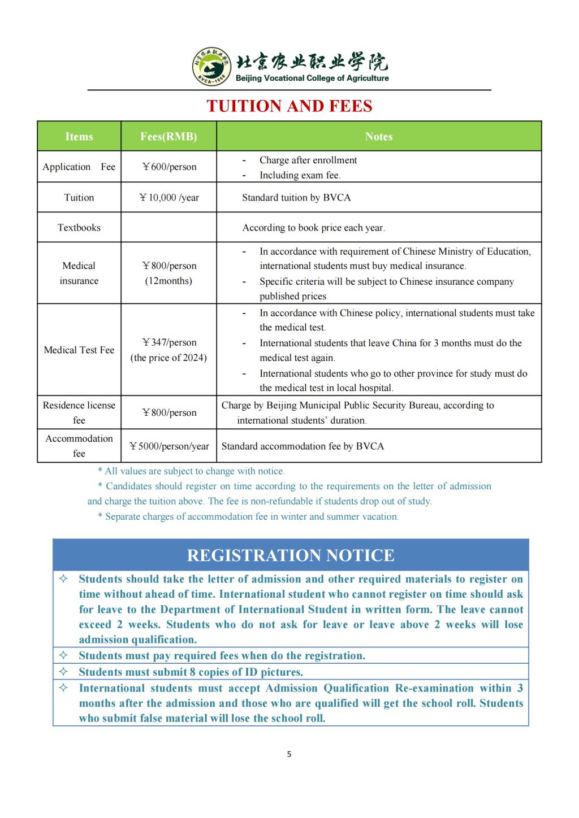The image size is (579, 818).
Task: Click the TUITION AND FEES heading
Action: pyautogui.click(x=289, y=106)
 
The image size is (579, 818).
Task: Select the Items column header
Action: pyautogui.click(x=79, y=136)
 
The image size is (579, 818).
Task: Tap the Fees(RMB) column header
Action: pyautogui.click(x=168, y=136)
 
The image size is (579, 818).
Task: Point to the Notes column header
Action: pyautogui.click(x=378, y=136)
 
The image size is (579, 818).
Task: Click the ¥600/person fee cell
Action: pyautogui.click(x=169, y=167)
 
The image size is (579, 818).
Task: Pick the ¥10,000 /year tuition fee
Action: pyautogui.click(x=169, y=197)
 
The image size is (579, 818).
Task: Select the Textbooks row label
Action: pyautogui.click(x=79, y=227)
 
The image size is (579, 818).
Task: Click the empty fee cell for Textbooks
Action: pyautogui.click(x=168, y=227)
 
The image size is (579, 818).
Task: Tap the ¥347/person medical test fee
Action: pyautogui.click(x=169, y=342)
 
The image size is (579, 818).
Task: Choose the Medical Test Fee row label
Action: pyautogui.click(x=79, y=350)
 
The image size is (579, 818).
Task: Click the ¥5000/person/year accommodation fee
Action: pyautogui.click(x=169, y=446)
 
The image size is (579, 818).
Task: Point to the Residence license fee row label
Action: pyautogui.click(x=79, y=412)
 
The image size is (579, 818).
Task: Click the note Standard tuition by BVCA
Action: pyautogui.click(x=296, y=197)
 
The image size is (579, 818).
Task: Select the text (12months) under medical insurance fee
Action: pyautogui.click(x=168, y=281)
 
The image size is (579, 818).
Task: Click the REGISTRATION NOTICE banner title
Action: pyautogui.click(x=291, y=555)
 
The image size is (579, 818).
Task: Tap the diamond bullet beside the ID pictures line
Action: pyautogui.click(x=64, y=672)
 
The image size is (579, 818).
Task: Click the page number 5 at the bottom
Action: pyautogui.click(x=289, y=754)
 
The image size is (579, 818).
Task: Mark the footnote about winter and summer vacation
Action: pyautogui.click(x=248, y=516)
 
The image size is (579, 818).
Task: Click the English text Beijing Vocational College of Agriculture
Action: pyautogui.click(x=312, y=79)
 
